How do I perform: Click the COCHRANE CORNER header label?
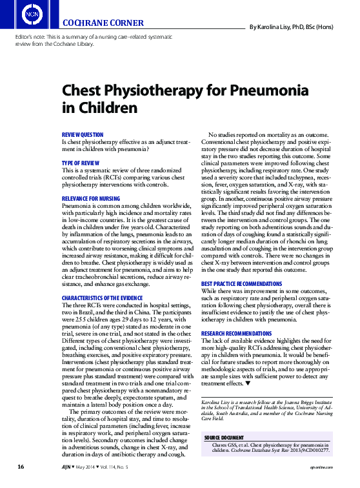[103, 24]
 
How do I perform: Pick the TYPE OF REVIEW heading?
[80, 163]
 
